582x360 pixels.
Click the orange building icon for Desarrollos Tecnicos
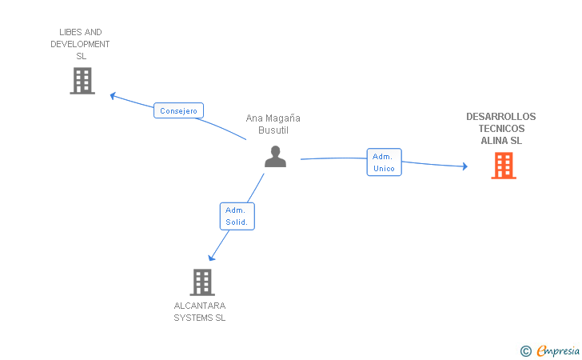click(503, 166)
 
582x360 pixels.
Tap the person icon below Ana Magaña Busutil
click(275, 157)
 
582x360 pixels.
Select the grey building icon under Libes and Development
click(82, 81)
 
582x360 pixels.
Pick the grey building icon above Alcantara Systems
click(202, 282)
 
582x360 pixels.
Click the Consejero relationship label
click(178, 111)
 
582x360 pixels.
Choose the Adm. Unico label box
click(384, 162)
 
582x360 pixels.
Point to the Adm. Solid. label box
click(237, 216)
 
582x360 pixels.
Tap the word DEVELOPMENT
click(80, 45)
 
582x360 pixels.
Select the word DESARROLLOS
click(501, 117)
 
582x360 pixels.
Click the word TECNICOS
click(501, 129)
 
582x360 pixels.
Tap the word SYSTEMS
click(193, 318)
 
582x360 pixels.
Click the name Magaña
click(283, 118)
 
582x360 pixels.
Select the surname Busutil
click(273, 130)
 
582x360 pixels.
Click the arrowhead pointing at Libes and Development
click(114, 95)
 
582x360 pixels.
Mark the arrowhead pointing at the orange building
click(464, 166)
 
